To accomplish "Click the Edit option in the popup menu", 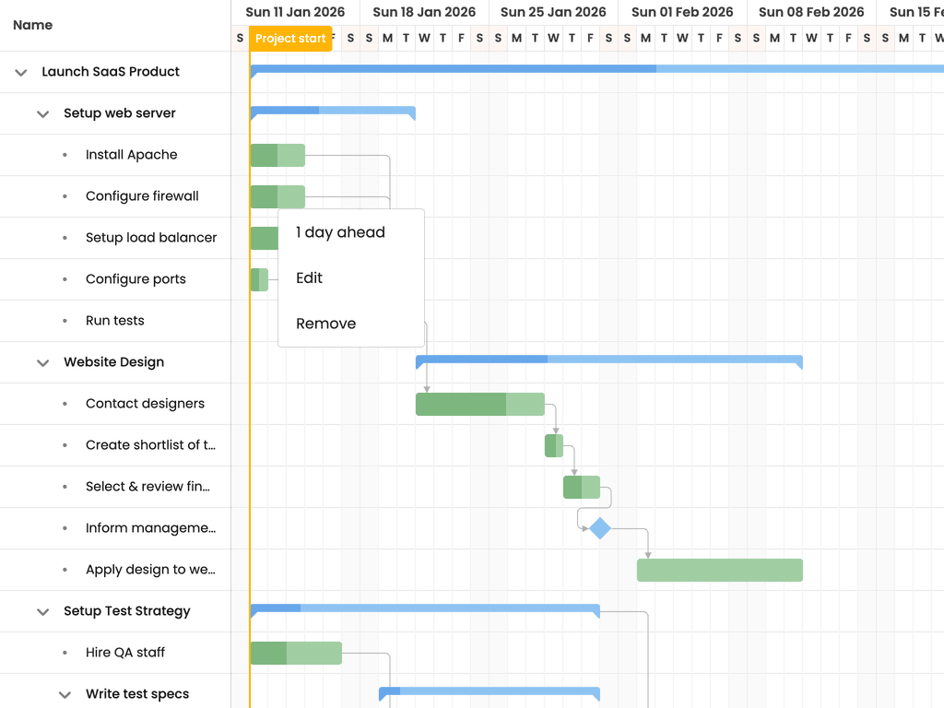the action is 310,277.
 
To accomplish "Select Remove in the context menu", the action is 325,324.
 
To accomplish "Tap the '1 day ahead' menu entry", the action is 340,232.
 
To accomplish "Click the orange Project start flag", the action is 290,39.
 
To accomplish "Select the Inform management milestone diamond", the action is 599,528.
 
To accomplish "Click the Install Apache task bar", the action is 277,155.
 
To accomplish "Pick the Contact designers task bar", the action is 479,404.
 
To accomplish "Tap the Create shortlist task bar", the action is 554,445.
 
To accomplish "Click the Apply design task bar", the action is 719,570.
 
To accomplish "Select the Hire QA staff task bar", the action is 296,654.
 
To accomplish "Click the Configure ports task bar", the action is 259,280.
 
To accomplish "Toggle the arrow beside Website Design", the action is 42,362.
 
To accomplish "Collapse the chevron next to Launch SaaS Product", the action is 21,72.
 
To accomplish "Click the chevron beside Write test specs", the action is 65,695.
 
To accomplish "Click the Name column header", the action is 32,25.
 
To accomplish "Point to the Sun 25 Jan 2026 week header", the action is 553,12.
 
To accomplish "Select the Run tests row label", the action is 115,320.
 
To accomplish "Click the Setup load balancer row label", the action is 151,237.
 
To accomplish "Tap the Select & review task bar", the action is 582,487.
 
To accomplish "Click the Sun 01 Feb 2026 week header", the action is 682,12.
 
